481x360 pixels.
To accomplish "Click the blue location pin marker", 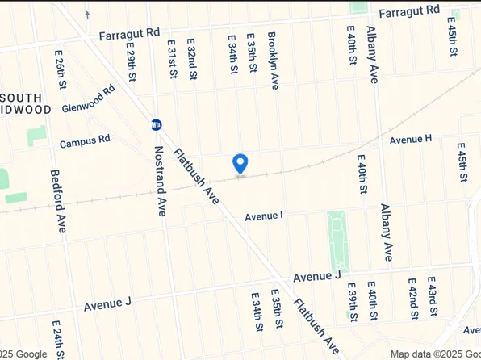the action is (x=240, y=162).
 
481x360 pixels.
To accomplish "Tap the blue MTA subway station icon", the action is (x=156, y=124).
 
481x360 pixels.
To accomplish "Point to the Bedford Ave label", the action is (x=57, y=200).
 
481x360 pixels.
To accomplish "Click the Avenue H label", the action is (x=411, y=140).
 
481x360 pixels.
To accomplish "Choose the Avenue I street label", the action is (x=264, y=216).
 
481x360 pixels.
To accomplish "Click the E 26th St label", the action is (x=61, y=69).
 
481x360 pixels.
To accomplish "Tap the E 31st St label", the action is (x=171, y=58).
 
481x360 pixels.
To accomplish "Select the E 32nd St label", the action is (x=192, y=58).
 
